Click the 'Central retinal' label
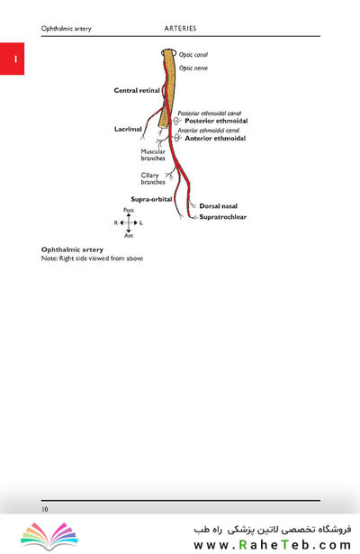click(137, 90)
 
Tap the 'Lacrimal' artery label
click(128, 129)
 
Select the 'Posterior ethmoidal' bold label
click(216, 121)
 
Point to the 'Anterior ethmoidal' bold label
click(215, 138)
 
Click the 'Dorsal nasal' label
click(218, 206)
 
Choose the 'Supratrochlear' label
click(222, 217)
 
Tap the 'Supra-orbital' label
click(151, 199)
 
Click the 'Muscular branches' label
click(153, 155)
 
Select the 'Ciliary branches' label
click(153, 178)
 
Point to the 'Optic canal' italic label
click(193, 55)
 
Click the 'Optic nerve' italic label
click(193, 68)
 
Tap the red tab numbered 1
click(12, 59)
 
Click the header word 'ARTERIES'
click(180, 28)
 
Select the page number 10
click(45, 509)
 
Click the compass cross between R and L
click(129, 223)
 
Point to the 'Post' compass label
click(129, 210)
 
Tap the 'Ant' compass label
click(129, 235)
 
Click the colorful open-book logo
click(49, 536)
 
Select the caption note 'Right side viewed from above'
click(101, 259)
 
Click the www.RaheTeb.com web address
click(272, 544)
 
